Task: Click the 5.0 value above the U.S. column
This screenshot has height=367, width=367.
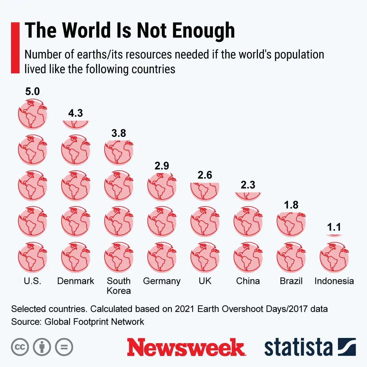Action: click(32, 91)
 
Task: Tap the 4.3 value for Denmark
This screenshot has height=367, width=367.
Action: click(76, 113)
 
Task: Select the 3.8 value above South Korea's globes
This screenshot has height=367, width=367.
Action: click(119, 133)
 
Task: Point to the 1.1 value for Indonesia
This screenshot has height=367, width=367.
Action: click(334, 227)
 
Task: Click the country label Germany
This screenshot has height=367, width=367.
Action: click(162, 281)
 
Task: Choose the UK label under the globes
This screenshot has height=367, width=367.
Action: click(205, 281)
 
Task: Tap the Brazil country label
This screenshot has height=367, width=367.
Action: click(291, 281)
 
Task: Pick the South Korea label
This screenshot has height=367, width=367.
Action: click(119, 286)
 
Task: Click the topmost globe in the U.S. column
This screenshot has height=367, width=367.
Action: click(32, 115)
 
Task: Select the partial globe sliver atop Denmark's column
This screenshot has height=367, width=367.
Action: click(76, 124)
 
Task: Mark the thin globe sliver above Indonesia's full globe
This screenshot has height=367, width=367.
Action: click(334, 235)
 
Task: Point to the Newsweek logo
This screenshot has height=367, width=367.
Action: click(186, 347)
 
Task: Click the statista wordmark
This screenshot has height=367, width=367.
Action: click(298, 347)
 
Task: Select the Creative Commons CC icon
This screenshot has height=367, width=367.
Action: click(20, 347)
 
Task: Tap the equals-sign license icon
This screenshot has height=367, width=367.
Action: click(64, 347)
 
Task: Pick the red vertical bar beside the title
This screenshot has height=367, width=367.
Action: click(15, 48)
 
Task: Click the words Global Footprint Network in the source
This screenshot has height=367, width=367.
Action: click(94, 322)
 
